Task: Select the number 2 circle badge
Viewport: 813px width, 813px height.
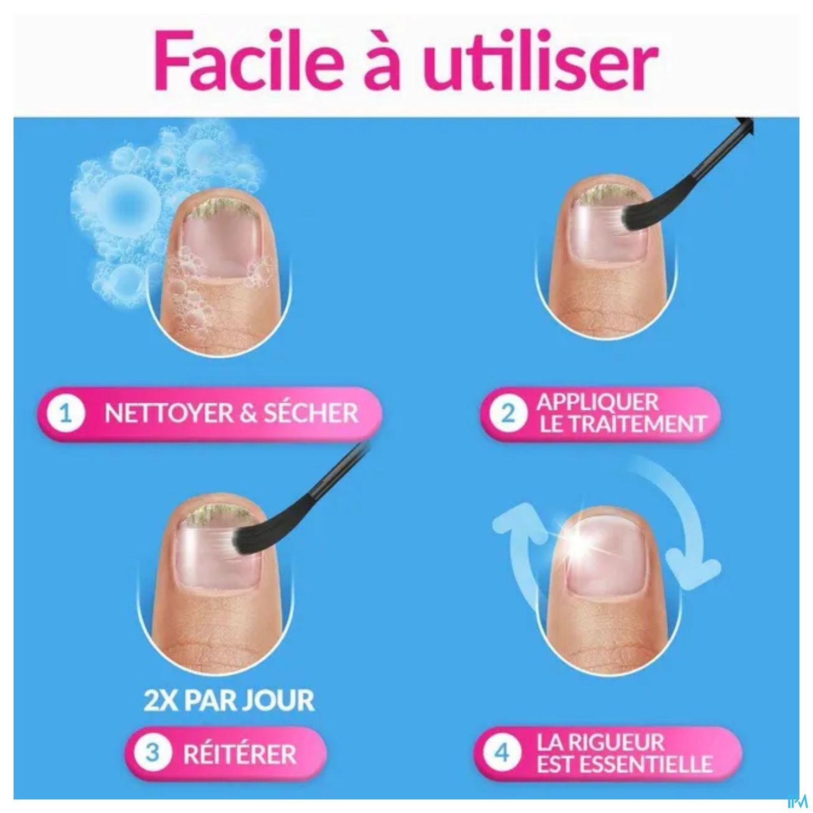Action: pyautogui.click(x=508, y=414)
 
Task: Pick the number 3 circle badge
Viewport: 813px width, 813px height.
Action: pyautogui.click(x=153, y=753)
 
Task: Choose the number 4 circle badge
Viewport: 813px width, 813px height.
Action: pyautogui.click(x=502, y=753)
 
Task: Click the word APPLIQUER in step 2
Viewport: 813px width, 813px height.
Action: pyautogui.click(x=597, y=402)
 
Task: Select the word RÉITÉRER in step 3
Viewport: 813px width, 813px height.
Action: pyautogui.click(x=240, y=754)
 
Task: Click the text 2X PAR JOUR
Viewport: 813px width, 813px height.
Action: pyautogui.click(x=229, y=700)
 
